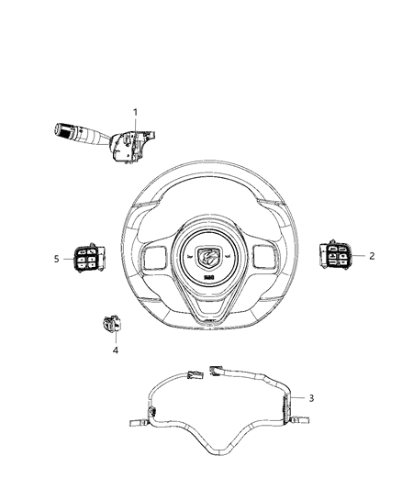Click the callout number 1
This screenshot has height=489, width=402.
coord(135,113)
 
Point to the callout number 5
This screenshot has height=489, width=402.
coord(57,260)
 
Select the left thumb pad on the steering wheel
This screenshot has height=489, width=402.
coord(152,256)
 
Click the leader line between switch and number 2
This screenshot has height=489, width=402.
coord(357,257)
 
